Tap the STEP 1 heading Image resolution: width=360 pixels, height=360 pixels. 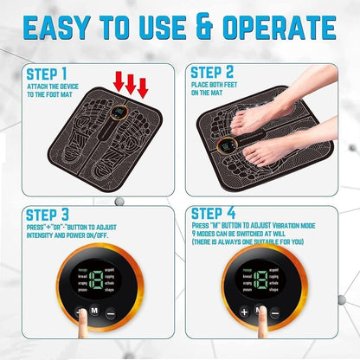(41, 76)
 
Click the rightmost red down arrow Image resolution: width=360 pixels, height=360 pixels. (143, 87)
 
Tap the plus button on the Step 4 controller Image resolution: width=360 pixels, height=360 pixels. (245, 312)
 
